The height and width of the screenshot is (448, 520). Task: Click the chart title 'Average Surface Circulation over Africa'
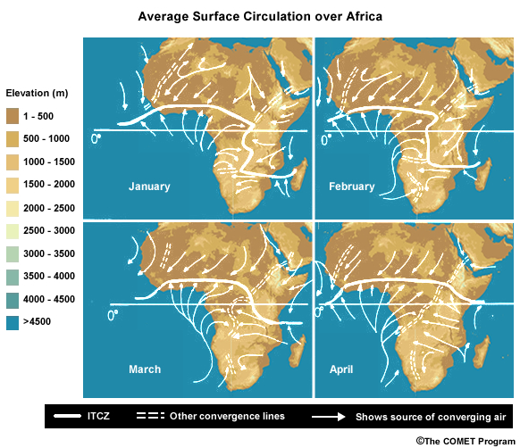tap(259, 17)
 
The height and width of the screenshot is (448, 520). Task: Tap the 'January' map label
tap(148, 187)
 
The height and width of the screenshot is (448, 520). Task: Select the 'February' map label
tap(351, 187)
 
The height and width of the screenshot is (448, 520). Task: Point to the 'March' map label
tap(144, 369)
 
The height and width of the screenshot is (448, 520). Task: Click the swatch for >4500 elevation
tap(18, 322)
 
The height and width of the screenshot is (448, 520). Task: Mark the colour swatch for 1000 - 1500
tap(18, 162)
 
